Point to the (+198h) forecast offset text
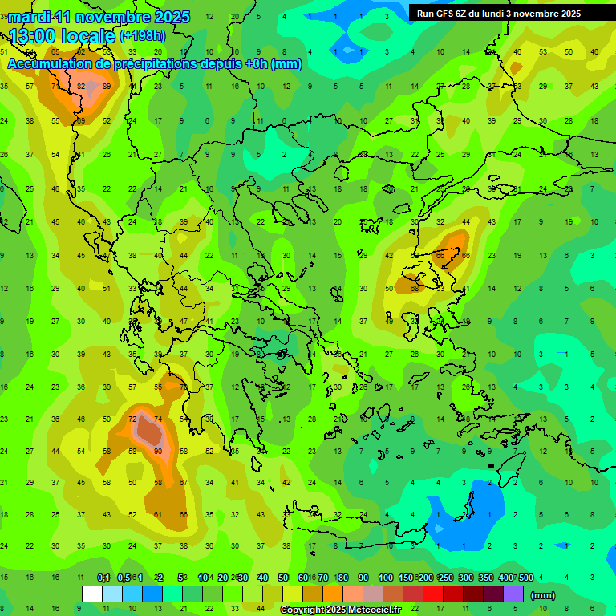pos(143,36)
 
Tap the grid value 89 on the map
pos(107,86)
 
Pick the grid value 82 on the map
pos(82,86)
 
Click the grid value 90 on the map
pos(158,452)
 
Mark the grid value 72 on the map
pos(132,419)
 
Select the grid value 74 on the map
pos(158,419)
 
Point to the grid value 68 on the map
pos(415,288)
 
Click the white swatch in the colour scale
pos(92,594)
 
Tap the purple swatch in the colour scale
pos(513,594)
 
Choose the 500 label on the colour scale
pos(526,578)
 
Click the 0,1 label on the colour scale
pos(103,578)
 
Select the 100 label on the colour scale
pos(386,578)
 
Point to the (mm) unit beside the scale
pos(544,595)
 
